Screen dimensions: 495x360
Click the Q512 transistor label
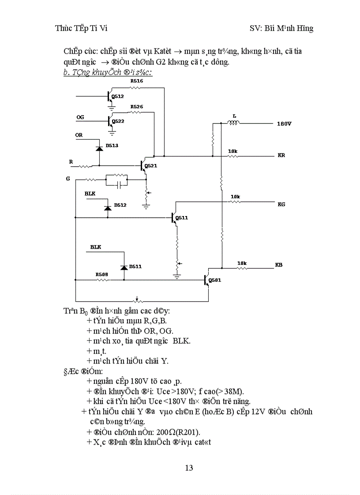118,96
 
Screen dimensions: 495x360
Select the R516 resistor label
136,81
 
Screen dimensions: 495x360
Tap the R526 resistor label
136,107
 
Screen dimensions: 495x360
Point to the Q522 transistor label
118,121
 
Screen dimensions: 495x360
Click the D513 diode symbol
99,149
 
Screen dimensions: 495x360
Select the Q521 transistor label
150,166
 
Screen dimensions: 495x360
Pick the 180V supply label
284,124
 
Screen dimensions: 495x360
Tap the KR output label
281,156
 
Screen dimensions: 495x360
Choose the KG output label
281,204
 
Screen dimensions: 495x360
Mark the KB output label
278,265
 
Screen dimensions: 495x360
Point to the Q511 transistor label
181,218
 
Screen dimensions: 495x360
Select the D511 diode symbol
124,268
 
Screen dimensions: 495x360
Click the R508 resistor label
101,274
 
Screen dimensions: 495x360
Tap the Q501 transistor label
215,280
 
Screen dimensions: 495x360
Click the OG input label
80,117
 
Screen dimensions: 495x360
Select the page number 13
188,468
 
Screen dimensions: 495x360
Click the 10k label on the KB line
242,263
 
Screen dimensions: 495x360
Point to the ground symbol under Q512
112,107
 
